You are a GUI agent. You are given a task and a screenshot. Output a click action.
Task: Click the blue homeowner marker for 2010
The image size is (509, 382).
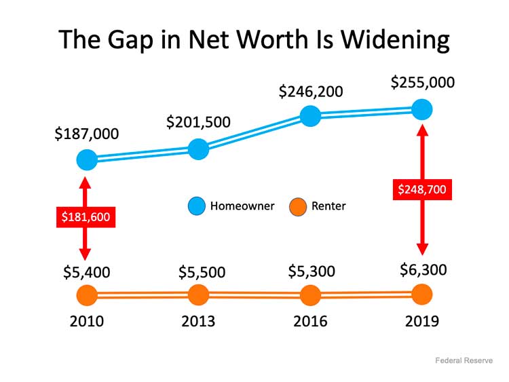pos(86,160)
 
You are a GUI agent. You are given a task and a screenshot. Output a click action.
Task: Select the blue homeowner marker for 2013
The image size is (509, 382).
pos(197,149)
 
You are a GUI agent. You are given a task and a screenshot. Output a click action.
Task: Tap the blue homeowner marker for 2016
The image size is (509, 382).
pos(310,115)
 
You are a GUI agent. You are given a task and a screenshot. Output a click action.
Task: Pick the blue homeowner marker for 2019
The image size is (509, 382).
pos(422,109)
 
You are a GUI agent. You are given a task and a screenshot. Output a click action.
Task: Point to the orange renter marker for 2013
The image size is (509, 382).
pos(197,295)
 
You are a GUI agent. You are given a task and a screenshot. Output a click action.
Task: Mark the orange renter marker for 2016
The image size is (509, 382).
pos(310,296)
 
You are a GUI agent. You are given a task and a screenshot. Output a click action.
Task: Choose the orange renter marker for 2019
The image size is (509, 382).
pos(422,294)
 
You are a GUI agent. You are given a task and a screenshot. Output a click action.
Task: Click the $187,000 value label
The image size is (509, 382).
pos(86,134)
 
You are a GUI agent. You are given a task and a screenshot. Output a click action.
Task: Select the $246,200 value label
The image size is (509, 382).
pos(310,90)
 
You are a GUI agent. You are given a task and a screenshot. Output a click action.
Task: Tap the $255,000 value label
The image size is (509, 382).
pos(422,83)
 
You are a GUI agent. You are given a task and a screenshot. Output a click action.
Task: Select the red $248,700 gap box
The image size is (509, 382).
pos(422,189)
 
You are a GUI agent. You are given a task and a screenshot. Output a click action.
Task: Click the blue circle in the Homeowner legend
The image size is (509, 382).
pos(196,206)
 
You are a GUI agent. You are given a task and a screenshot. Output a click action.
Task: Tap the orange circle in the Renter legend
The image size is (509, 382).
pos(297,206)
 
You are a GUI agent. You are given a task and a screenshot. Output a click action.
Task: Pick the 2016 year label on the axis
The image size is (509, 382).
pos(310,321)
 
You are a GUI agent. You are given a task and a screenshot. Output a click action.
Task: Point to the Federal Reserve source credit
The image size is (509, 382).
pos(464,360)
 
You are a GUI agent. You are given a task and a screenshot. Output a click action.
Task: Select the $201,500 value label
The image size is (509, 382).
pos(198,122)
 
